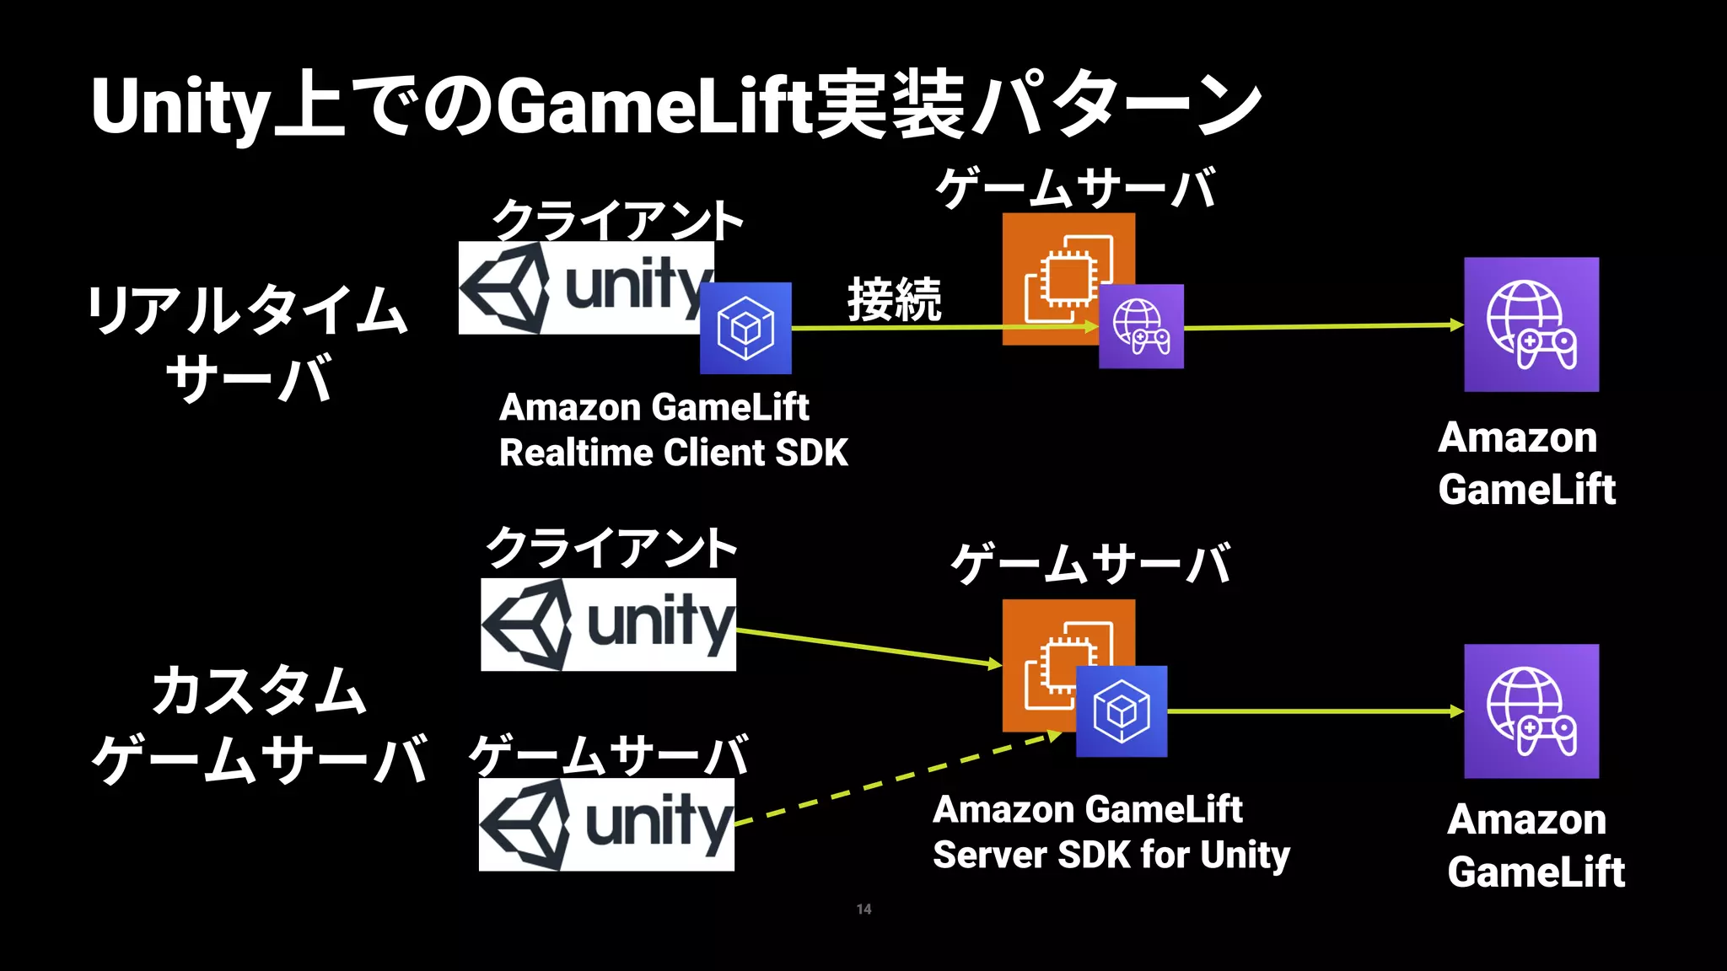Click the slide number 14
tap(863, 909)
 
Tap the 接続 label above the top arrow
tap(894, 299)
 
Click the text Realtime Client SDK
tap(673, 453)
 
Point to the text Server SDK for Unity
tap(1111, 855)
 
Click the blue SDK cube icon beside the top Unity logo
tap(745, 328)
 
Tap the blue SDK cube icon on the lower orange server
tap(1122, 711)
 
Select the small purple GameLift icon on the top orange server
tap(1141, 326)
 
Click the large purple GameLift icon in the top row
tap(1531, 325)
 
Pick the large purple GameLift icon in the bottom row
tap(1531, 711)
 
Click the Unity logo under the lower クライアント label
tap(608, 625)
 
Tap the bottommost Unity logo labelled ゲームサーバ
tap(606, 824)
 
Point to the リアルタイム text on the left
tap(248, 309)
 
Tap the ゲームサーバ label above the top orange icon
tap(1076, 187)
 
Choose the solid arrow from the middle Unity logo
tap(869, 647)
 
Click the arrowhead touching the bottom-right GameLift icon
tap(1456, 711)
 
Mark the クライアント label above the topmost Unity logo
tap(617, 219)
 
